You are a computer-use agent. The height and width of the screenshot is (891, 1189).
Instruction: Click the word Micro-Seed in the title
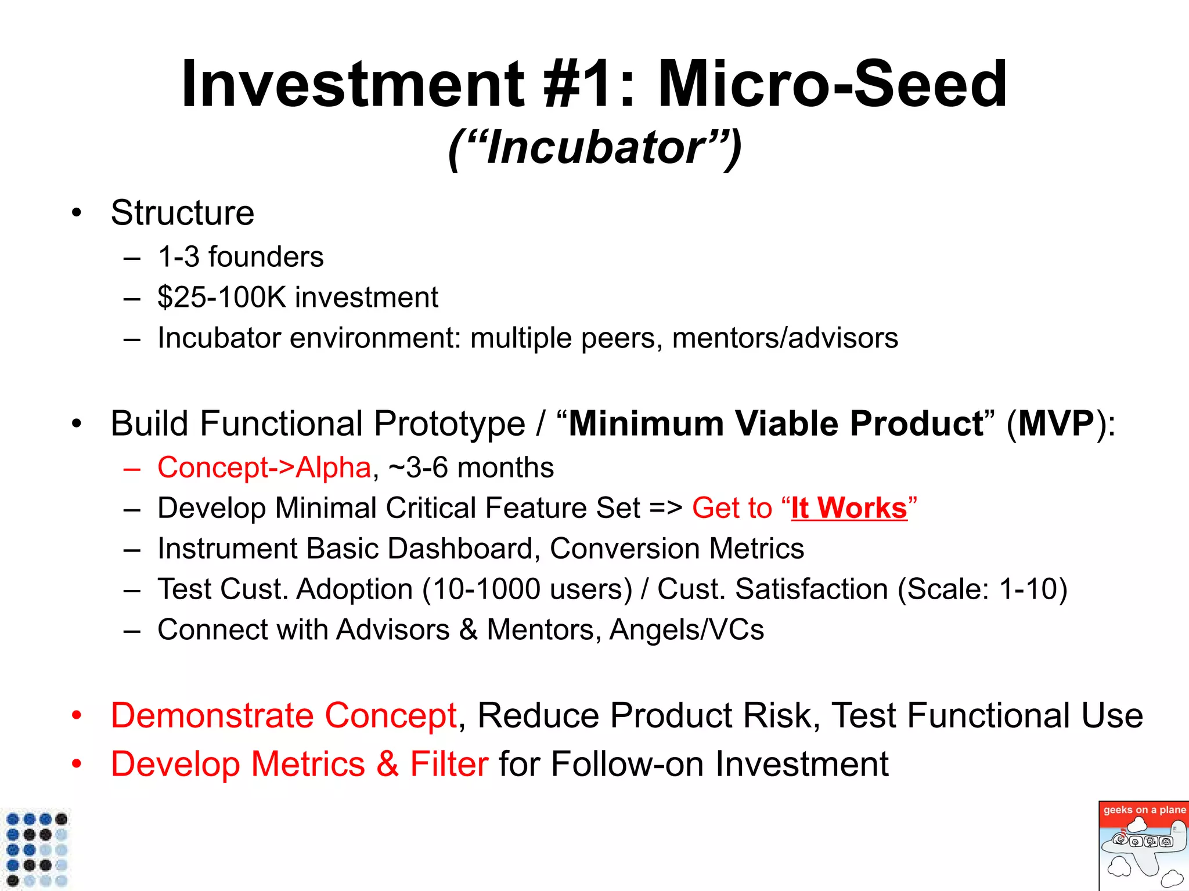(x=831, y=84)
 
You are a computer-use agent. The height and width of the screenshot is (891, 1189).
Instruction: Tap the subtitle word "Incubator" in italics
(x=595, y=147)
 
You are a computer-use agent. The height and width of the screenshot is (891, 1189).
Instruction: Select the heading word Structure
(x=182, y=213)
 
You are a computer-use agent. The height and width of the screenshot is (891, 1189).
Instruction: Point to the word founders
(x=266, y=257)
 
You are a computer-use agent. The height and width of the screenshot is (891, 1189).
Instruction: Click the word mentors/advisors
(x=785, y=338)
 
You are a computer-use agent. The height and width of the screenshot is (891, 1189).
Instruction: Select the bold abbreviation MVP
(x=1056, y=423)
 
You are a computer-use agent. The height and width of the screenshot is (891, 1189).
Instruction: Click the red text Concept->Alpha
(x=264, y=468)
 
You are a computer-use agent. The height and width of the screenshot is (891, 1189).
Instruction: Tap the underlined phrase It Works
(x=849, y=508)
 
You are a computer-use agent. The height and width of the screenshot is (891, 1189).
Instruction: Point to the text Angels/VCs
(x=686, y=630)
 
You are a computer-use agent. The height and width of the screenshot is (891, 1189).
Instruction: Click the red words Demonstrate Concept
(x=284, y=715)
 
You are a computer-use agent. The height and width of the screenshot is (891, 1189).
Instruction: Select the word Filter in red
(x=449, y=764)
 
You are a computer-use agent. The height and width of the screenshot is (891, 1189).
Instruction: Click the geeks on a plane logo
(x=1143, y=846)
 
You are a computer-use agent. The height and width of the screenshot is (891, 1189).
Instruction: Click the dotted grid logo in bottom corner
(x=36, y=849)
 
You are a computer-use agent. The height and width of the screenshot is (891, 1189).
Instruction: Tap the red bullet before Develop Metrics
(x=77, y=764)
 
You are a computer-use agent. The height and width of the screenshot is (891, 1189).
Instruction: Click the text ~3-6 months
(x=471, y=468)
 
